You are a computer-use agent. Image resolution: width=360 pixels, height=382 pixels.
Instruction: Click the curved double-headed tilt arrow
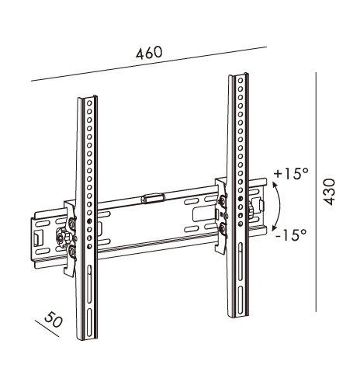pyautogui.click(x=278, y=203)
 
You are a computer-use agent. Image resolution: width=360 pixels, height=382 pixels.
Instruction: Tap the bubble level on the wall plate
pyautogui.click(x=154, y=198)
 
